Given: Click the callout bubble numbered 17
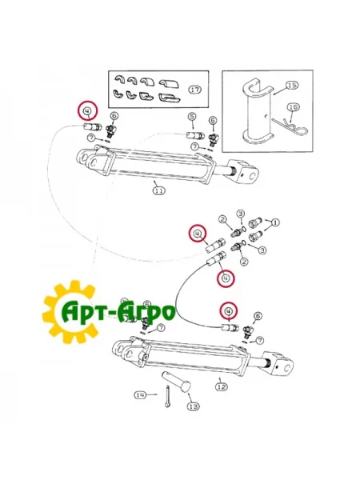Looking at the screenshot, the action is click(194, 90).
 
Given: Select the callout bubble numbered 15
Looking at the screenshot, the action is click(292, 85).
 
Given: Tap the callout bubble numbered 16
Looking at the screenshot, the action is click(294, 107).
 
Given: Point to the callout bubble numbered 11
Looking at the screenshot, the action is click(158, 190).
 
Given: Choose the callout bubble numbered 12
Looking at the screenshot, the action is click(222, 387).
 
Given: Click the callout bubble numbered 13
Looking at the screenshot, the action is click(193, 406).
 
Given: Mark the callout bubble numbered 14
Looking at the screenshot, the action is click(141, 395).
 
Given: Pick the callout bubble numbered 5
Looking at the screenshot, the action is click(192, 116).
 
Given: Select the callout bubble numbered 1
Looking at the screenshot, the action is click(275, 222).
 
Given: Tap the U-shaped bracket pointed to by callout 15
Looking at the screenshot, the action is click(258, 112).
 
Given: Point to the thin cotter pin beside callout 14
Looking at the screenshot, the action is click(166, 397).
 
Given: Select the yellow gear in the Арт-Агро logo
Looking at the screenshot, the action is click(70, 312).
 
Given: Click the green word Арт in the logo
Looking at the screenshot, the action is click(83, 312).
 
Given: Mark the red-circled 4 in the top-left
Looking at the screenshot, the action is click(87, 110).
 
